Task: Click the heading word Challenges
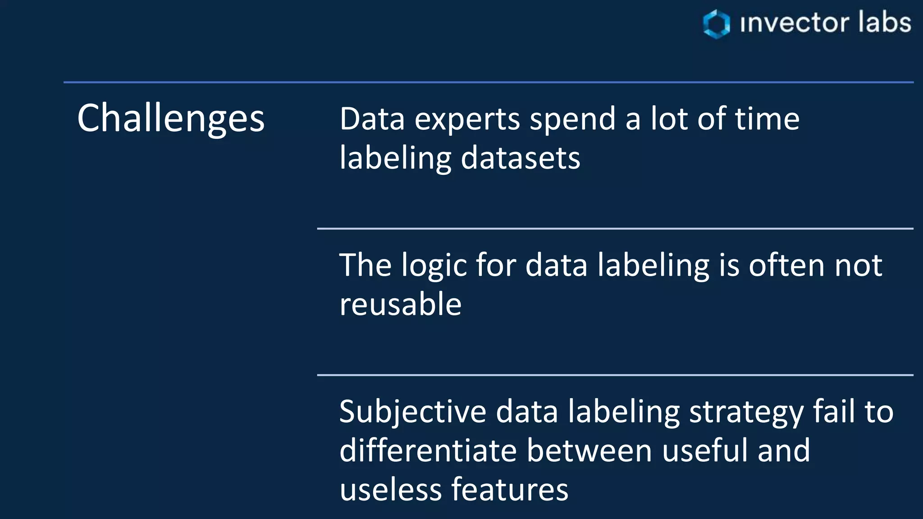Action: (x=171, y=118)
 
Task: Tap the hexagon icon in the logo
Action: (x=716, y=23)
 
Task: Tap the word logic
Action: (x=434, y=266)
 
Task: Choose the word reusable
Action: (x=400, y=304)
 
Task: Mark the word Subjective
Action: (x=413, y=412)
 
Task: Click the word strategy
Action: (x=746, y=412)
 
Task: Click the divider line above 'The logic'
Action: (x=615, y=229)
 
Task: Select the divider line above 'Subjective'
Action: (x=615, y=375)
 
